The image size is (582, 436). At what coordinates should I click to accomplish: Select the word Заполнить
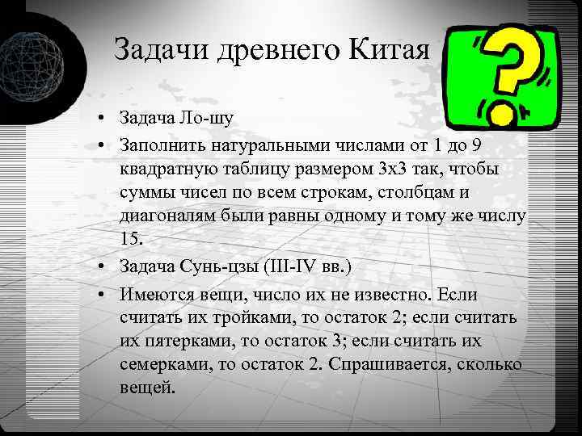coord(165,145)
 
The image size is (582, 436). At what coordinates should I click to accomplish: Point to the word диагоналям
coord(166,217)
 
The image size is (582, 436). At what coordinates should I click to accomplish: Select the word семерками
coord(162,365)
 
